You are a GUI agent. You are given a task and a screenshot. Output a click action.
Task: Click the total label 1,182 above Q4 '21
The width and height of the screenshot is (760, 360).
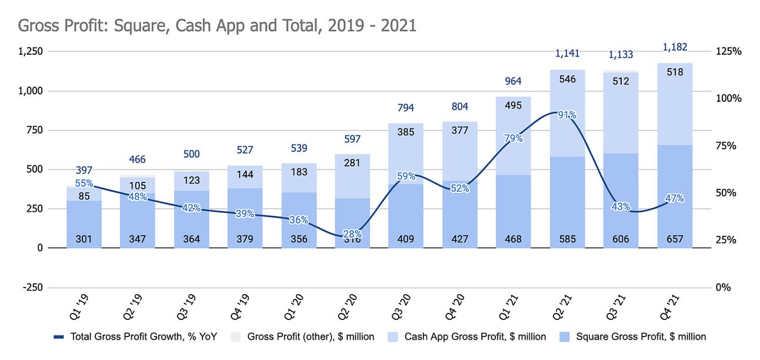tap(674, 47)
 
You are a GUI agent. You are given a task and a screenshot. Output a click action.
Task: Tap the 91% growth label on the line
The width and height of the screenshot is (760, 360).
tap(567, 115)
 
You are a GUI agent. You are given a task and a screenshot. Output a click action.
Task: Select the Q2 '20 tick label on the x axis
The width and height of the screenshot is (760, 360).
tap(348, 307)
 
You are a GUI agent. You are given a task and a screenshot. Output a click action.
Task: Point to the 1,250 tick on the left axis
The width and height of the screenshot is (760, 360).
tap(31, 52)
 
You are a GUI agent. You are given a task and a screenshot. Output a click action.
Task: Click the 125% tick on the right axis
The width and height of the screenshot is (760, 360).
tap(728, 52)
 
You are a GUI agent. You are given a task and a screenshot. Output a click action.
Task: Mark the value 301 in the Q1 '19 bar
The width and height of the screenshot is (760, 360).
tap(84, 239)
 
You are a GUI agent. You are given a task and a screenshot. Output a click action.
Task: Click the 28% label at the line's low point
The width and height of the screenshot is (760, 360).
tap(353, 234)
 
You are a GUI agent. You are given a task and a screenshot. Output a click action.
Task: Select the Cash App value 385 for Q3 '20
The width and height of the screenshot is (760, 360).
tap(406, 132)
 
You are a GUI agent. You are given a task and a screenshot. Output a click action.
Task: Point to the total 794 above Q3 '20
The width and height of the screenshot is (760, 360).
tap(406, 108)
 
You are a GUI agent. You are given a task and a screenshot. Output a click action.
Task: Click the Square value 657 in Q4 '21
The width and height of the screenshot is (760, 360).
tap(674, 239)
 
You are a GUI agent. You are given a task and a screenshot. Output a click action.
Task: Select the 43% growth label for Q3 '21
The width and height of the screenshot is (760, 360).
tap(621, 206)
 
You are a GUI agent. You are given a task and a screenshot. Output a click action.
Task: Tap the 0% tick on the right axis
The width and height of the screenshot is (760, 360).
tap(724, 287)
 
